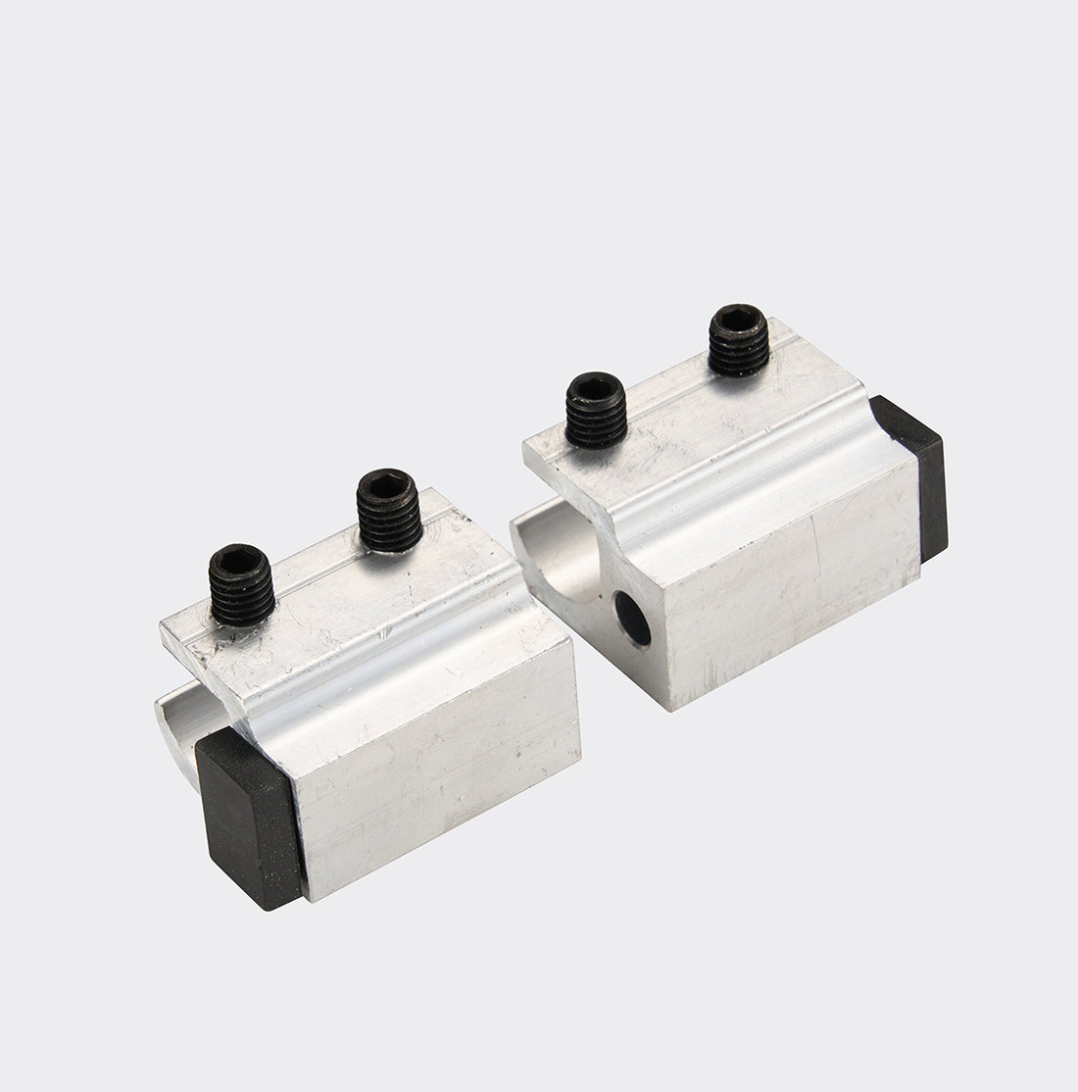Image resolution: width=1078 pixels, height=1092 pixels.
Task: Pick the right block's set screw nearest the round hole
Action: pos(596,411)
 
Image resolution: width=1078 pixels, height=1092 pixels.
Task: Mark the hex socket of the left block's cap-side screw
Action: pos(235,559)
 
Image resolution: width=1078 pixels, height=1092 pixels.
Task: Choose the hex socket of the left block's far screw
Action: pos(386,481)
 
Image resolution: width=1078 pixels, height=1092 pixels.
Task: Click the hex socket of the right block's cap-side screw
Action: pos(739,319)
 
